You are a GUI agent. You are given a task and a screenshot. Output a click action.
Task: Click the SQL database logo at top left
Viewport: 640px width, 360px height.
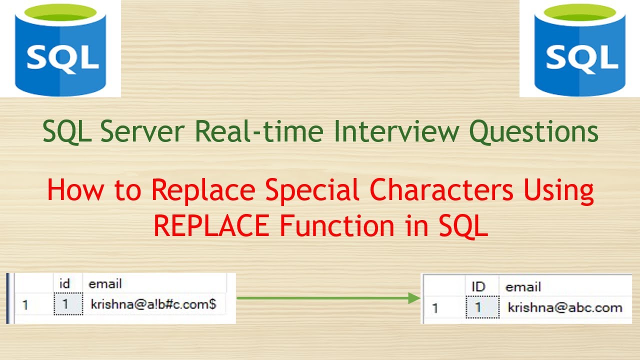point(60,50)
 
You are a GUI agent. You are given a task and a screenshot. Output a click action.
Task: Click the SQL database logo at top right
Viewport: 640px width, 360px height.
point(580,50)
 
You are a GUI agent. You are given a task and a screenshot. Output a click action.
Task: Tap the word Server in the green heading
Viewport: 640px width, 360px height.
point(142,131)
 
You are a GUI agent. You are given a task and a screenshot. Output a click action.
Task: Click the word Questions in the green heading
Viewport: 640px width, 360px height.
point(533,131)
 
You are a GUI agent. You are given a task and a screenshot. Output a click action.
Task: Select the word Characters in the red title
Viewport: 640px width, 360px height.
point(441,189)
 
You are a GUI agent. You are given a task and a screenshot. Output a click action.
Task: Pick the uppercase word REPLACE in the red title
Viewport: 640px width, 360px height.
point(211,225)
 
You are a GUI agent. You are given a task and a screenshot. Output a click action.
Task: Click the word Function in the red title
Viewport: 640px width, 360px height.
point(337,225)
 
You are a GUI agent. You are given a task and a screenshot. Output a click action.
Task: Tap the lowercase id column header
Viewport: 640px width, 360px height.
point(64,283)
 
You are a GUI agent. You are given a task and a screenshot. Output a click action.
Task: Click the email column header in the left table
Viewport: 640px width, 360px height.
point(105,283)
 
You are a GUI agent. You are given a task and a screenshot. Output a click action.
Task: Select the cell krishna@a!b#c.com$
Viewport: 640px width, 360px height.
point(153,304)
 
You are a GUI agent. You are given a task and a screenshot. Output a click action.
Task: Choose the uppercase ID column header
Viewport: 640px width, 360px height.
point(478,286)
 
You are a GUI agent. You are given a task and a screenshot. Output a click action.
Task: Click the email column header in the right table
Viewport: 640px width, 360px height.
point(523,287)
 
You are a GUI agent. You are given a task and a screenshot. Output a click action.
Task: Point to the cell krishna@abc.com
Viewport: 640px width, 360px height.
point(565,307)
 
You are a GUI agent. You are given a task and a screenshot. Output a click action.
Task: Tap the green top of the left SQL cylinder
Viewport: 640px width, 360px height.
point(60,12)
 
